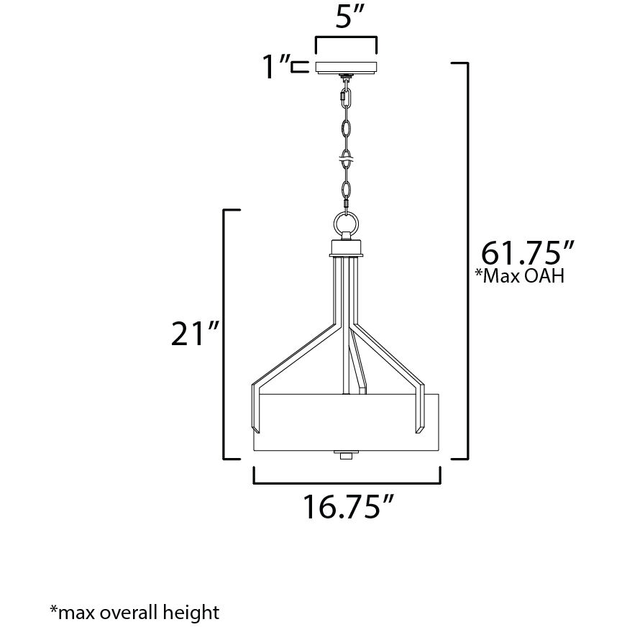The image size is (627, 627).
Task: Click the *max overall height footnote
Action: pyautogui.click(x=134, y=613)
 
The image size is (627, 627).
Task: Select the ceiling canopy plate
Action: pyautogui.click(x=347, y=67)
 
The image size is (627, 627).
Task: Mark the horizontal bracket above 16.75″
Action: pyautogui.click(x=347, y=475)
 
